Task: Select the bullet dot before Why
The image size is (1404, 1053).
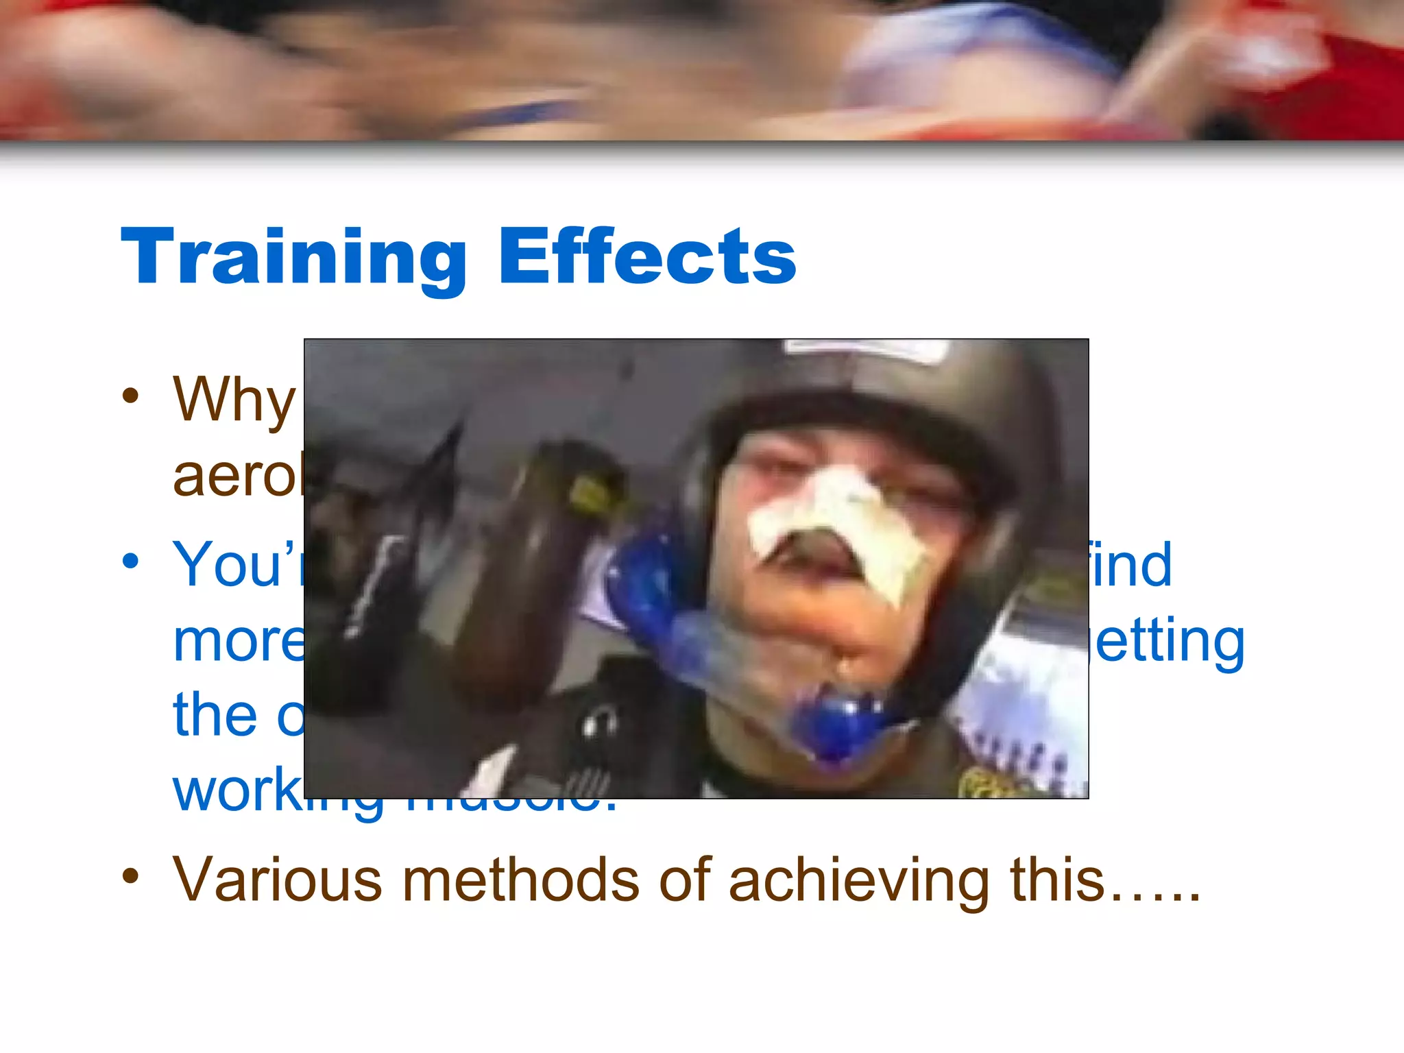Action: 130,396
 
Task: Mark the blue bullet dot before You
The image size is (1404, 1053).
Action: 130,561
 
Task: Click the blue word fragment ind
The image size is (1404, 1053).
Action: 1131,566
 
